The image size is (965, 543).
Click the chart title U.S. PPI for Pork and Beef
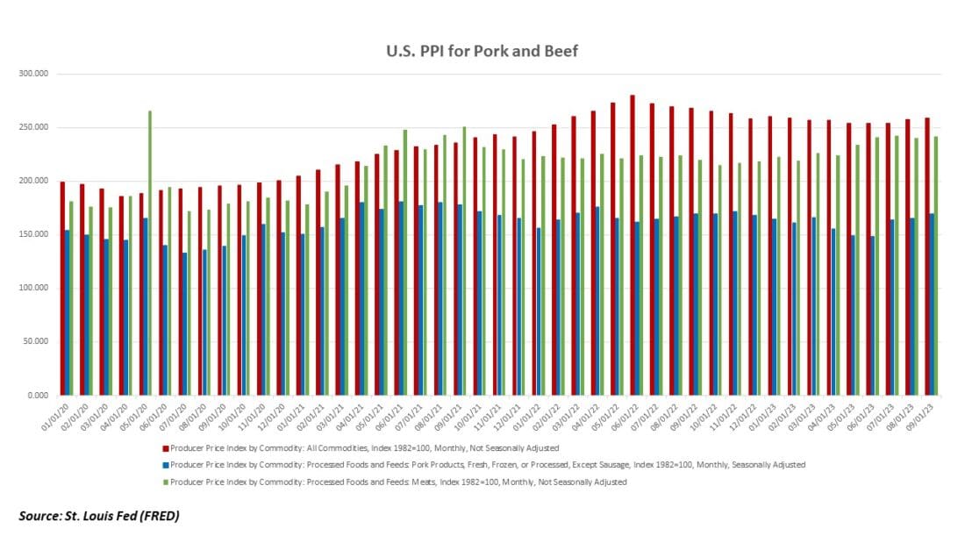(482, 51)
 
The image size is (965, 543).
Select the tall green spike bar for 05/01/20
(150, 253)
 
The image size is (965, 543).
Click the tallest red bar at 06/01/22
(632, 245)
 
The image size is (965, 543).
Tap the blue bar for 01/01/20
(67, 312)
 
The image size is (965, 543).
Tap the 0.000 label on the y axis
(39, 396)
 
